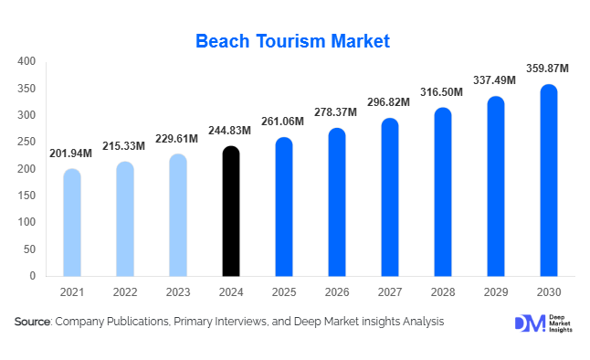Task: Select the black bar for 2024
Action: (231, 211)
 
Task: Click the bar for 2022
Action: (125, 218)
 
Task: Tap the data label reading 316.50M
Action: (443, 92)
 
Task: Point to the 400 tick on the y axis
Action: (26, 61)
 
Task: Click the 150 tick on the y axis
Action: (26, 196)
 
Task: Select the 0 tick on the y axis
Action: (33, 275)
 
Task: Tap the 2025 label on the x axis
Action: (284, 293)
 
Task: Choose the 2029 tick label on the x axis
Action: (496, 293)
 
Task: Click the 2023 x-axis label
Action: (178, 293)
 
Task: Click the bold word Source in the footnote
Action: (33, 322)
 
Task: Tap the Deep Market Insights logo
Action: (543, 323)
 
